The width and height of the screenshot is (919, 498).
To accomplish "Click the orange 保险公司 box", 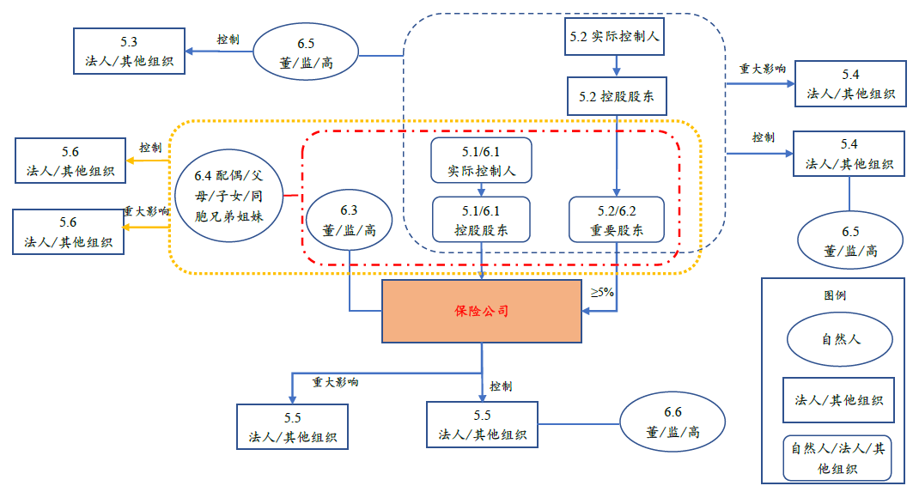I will (x=481, y=311).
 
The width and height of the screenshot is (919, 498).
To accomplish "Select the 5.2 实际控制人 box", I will (x=616, y=38).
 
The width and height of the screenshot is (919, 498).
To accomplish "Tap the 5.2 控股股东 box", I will (x=616, y=96).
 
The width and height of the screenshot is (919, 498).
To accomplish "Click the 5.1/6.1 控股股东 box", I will (x=481, y=220).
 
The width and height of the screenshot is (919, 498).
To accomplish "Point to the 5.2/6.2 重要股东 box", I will (x=615, y=220).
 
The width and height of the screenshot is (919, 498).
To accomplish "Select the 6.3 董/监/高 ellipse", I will (x=349, y=220).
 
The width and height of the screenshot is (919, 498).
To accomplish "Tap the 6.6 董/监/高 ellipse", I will (x=673, y=422).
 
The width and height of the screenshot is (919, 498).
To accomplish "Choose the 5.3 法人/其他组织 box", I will (x=129, y=51).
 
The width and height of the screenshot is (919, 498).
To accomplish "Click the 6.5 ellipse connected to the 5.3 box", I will (x=306, y=53).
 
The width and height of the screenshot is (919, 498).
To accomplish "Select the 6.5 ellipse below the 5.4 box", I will (x=849, y=241).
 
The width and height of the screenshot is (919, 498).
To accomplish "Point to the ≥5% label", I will (x=601, y=292).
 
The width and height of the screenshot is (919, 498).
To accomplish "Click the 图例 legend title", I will (x=835, y=295).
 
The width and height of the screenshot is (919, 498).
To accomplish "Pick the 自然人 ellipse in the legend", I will (x=840, y=338).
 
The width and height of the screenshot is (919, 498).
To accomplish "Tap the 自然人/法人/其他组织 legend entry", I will (x=837, y=459).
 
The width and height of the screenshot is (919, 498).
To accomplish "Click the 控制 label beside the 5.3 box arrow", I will (x=228, y=39).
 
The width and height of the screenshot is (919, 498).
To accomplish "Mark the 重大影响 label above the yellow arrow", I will (x=146, y=210).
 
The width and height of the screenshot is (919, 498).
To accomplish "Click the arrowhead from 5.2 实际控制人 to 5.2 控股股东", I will (x=616, y=72).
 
